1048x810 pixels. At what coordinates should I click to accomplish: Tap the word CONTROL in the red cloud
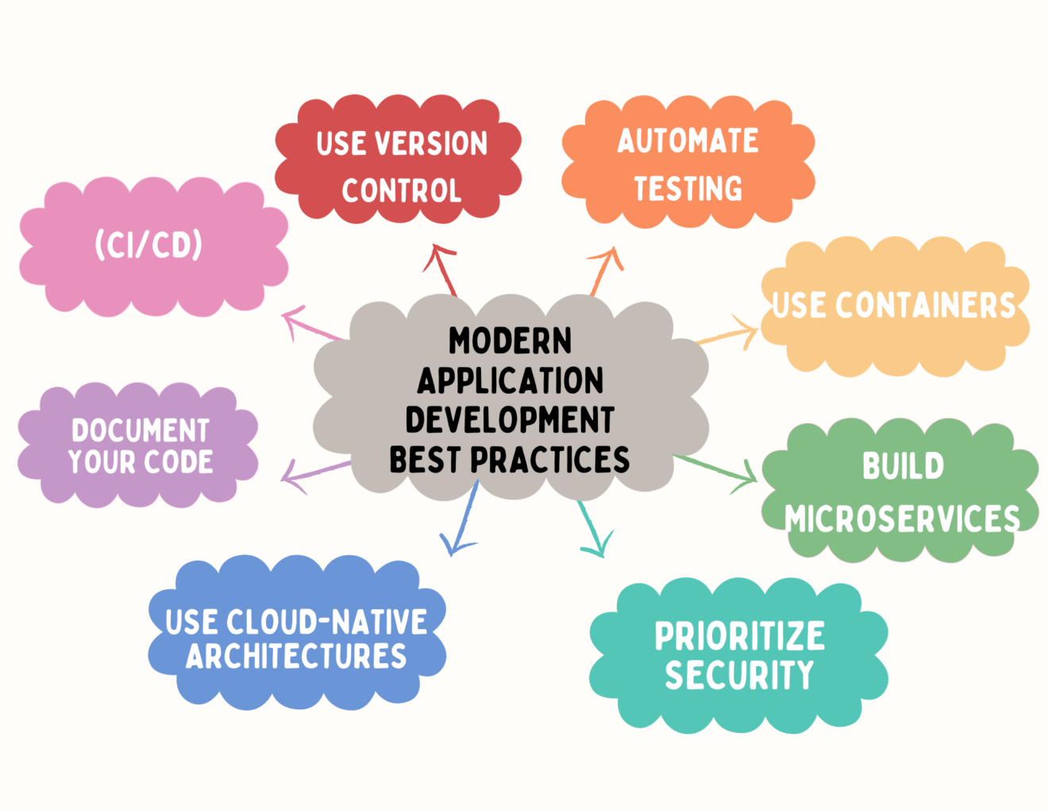tap(402, 191)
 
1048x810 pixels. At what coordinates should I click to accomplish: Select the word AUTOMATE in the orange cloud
tap(688, 141)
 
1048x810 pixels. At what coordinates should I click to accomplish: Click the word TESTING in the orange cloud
tap(688, 189)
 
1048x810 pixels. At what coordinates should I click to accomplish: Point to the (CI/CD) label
tap(148, 245)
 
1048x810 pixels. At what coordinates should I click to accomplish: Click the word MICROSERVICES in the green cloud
tap(903, 519)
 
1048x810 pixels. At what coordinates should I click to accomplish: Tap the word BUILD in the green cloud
tap(903, 466)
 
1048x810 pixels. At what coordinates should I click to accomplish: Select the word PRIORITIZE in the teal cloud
tap(739, 636)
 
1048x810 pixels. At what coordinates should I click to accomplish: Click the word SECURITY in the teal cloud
tap(739, 675)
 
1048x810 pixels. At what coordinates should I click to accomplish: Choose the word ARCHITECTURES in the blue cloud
tap(296, 657)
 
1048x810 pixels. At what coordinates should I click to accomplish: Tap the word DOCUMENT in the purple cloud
tap(141, 430)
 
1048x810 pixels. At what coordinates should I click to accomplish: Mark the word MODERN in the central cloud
tap(510, 341)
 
